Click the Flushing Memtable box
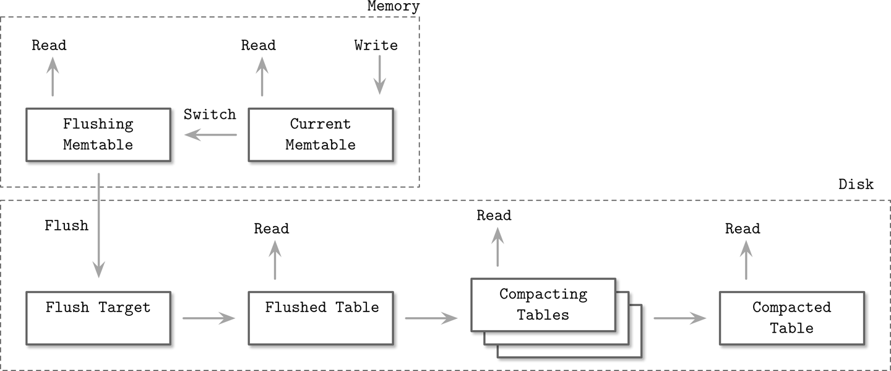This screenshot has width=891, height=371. click(98, 134)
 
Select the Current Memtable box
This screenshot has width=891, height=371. click(321, 134)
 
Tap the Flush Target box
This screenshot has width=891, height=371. click(98, 318)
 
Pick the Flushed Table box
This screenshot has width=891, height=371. click(321, 318)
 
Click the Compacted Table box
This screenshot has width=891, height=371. click(791, 318)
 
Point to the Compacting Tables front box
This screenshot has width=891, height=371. click(543, 304)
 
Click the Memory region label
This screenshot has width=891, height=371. click(393, 7)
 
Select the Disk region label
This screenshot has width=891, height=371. click(856, 185)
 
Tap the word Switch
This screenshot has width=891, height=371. click(210, 115)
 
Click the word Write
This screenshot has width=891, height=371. click(376, 45)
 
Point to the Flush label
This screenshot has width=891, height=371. click(66, 225)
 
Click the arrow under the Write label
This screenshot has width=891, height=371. click(379, 76)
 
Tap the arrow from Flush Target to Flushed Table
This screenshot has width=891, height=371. click(209, 318)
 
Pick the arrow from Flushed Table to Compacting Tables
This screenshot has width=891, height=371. click(431, 318)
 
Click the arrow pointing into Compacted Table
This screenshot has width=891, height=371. click(679, 318)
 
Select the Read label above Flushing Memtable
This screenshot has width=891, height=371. click(49, 45)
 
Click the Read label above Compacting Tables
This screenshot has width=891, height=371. click(494, 216)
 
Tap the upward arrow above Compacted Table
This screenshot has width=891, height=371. click(746, 260)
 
